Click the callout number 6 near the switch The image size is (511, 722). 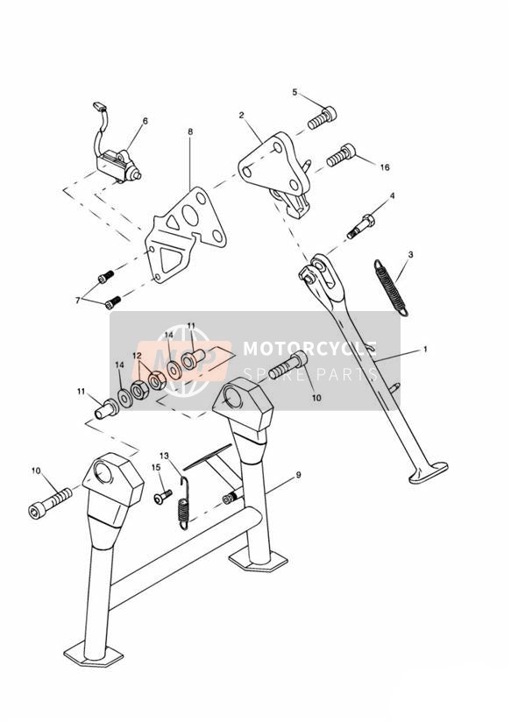tap(145, 121)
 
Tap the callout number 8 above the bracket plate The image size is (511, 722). tap(190, 131)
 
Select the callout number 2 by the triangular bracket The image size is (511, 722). tap(241, 115)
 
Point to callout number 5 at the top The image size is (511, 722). tap(295, 92)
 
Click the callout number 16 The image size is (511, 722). tap(385, 167)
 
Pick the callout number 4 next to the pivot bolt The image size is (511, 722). tap(392, 195)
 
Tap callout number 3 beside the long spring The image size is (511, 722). tap(410, 254)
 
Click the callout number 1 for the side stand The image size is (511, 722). tap(425, 350)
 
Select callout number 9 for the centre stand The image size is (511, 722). tap(298, 475)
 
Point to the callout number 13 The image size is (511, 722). tap(164, 456)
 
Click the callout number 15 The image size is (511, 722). tap(156, 467)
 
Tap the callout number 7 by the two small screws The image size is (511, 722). tap(77, 301)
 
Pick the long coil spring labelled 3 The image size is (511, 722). tap(391, 287)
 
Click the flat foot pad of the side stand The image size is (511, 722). tap(429, 473)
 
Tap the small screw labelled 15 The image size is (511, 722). tap(163, 497)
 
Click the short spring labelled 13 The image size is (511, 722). tap(184, 503)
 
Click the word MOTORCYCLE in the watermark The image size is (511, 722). tap(309, 348)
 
